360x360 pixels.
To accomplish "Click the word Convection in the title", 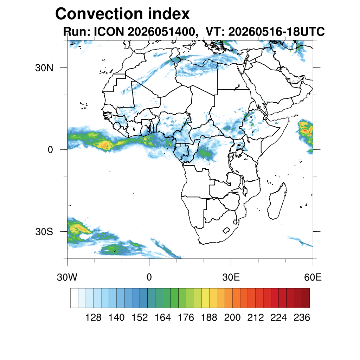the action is pos(99,14).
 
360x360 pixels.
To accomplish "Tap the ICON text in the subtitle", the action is pos(109,31).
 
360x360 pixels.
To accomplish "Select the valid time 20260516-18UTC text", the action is pos(277,31).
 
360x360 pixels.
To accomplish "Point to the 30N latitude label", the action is pos(44,68).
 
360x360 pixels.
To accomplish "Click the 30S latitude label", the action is pos(44,232).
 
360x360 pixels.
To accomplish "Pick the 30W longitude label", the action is pos(67,277).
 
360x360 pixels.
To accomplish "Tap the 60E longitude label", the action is pos(313,277).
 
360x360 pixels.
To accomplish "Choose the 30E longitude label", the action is pos(231,277).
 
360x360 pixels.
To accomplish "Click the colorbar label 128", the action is pos(93,317).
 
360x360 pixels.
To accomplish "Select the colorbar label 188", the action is pos(209,317).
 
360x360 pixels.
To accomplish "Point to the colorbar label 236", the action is pos(302,317).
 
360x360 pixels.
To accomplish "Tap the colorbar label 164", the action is pos(162,317).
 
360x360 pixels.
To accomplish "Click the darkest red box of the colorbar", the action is pos(306,298).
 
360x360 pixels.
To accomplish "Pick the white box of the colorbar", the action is pos(75,298).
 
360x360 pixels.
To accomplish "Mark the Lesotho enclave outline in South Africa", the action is pos(226,230).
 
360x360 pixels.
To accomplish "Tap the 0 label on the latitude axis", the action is pos(50,150).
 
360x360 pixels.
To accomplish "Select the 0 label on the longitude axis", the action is pos(149,277).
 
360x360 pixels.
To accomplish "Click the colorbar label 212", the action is pos(255,317).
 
